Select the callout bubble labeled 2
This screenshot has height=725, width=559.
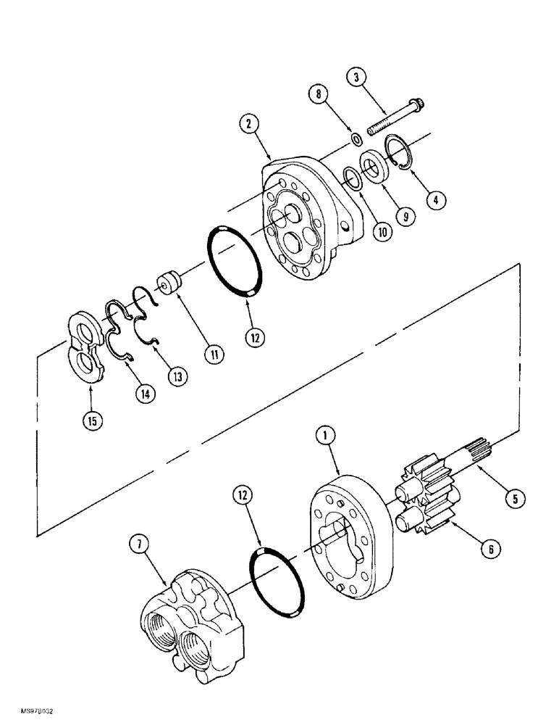coord(249,125)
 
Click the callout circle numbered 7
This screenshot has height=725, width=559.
coord(137,542)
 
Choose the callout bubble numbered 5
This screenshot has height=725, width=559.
coord(515,499)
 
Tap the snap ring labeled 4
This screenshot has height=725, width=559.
coord(396,152)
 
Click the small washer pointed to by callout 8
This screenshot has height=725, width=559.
coord(356,138)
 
